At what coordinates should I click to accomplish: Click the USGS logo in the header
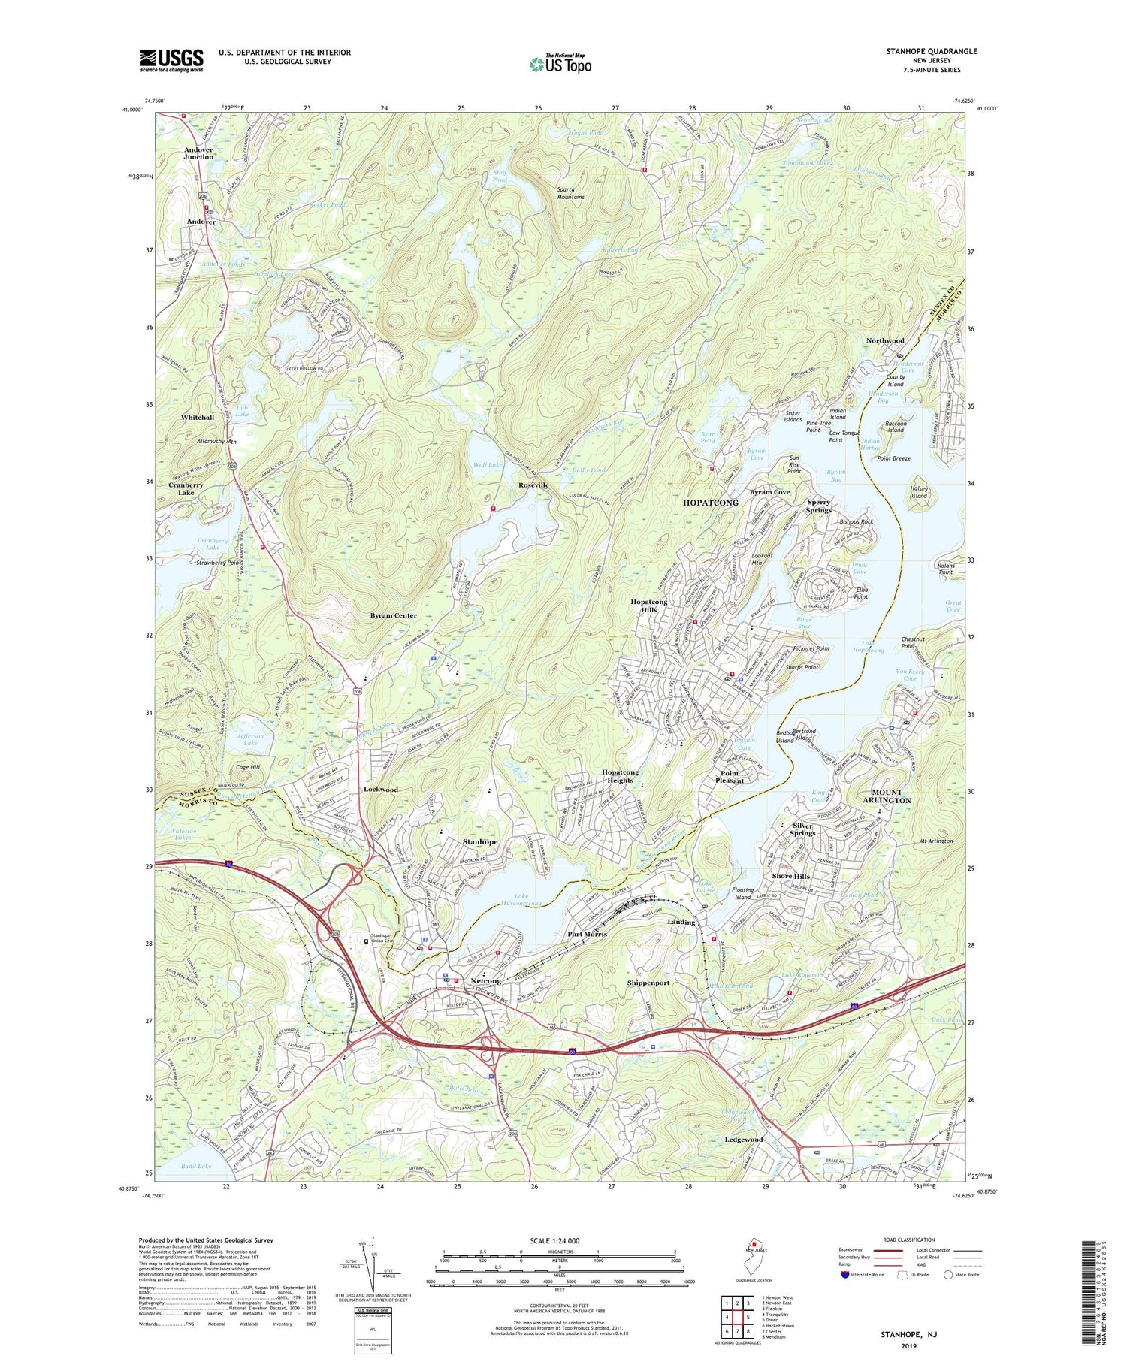pyautogui.click(x=171, y=60)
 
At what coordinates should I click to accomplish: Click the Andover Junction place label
pyautogui.click(x=198, y=153)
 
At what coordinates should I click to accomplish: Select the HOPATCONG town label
pyautogui.click(x=710, y=502)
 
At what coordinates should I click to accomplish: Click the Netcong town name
pyautogui.click(x=485, y=981)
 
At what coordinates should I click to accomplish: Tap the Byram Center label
pyautogui.click(x=393, y=615)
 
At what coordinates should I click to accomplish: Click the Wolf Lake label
pyautogui.click(x=488, y=465)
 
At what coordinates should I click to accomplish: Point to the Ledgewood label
pyautogui.click(x=744, y=1140)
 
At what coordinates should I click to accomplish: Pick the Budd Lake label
pyautogui.click(x=196, y=1166)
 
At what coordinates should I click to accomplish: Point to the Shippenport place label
pyautogui.click(x=648, y=983)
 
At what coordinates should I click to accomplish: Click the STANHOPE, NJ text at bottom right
pyautogui.click(x=908, y=1334)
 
